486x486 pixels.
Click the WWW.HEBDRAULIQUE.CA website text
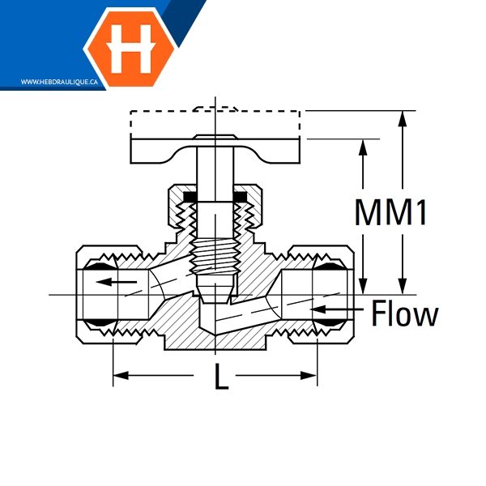pyautogui.click(x=59, y=82)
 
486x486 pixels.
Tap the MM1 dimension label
pyautogui.click(x=390, y=213)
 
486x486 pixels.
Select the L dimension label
pyautogui.click(x=220, y=377)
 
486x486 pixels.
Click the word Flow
pyautogui.click(x=405, y=313)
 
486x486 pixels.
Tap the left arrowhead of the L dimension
pyautogui.click(x=119, y=374)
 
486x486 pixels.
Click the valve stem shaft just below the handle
pyautogui.click(x=215, y=178)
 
